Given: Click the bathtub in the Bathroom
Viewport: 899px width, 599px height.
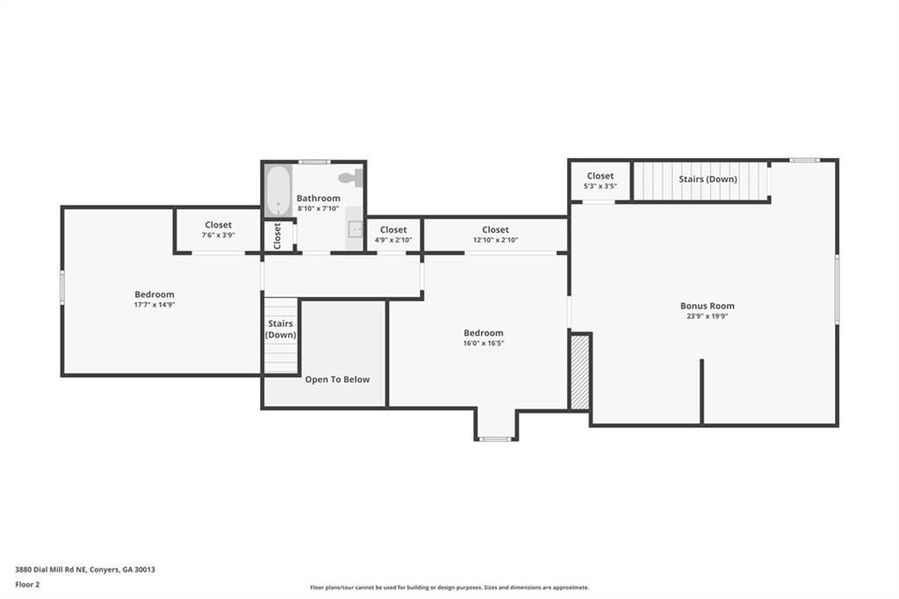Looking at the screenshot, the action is pyautogui.click(x=278, y=191).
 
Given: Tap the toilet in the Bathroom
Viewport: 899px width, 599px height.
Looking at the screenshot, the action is pyautogui.click(x=352, y=178).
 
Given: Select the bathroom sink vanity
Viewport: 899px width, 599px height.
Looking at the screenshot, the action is pyautogui.click(x=355, y=228).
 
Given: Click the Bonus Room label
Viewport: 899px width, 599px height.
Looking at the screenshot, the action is pyautogui.click(x=707, y=306).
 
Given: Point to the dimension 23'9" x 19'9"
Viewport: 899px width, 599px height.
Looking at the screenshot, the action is pyautogui.click(x=707, y=316).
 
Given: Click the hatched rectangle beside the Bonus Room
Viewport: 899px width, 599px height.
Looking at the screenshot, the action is pyautogui.click(x=580, y=372).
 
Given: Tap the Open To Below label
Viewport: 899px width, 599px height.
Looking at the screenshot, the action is pyautogui.click(x=337, y=379).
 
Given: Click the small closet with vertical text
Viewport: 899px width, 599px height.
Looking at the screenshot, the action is pyautogui.click(x=277, y=235).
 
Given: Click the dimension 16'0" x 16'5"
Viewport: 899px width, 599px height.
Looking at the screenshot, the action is pyautogui.click(x=484, y=343).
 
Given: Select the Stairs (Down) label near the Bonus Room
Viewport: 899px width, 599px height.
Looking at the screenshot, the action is pyautogui.click(x=708, y=179).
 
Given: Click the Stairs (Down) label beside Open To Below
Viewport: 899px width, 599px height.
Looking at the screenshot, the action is pyautogui.click(x=280, y=329).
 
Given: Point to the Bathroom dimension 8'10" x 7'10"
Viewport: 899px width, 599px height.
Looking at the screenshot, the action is pyautogui.click(x=318, y=209).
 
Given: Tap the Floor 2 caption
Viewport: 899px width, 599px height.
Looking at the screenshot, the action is pyautogui.click(x=27, y=585).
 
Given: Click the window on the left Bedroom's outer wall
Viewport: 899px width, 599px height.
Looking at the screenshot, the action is pyautogui.click(x=62, y=287).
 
